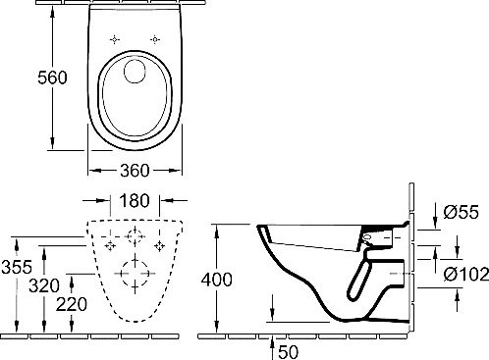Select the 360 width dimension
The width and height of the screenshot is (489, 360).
click(x=134, y=169)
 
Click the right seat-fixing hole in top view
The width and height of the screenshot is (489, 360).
click(x=156, y=39)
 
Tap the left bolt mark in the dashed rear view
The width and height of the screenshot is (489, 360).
click(x=108, y=244)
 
